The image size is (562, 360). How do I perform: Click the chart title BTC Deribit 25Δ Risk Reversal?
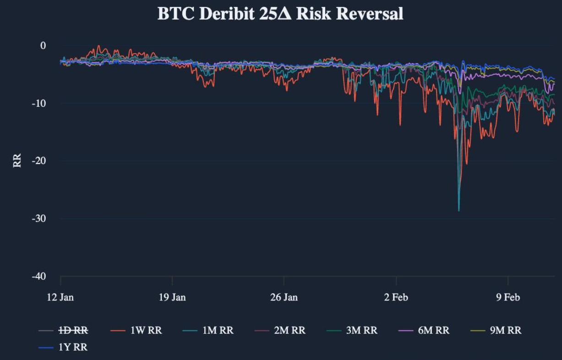[x=280, y=14]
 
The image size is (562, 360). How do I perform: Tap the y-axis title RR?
[x=17, y=161]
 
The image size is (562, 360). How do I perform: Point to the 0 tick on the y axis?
[x=43, y=45]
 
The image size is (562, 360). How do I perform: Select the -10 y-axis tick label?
[x=40, y=103]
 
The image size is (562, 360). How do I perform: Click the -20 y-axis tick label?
[x=40, y=161]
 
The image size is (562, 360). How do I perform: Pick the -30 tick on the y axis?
[x=40, y=218]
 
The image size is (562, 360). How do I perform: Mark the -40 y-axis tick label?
[x=40, y=276]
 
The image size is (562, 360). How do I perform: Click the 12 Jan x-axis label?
[x=60, y=298]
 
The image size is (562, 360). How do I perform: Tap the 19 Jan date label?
[x=172, y=298]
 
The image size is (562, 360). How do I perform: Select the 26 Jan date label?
[x=284, y=298]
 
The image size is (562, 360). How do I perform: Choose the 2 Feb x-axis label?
[x=396, y=298]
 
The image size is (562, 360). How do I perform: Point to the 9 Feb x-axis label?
[x=508, y=298]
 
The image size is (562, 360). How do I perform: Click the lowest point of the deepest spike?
[x=458, y=211]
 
